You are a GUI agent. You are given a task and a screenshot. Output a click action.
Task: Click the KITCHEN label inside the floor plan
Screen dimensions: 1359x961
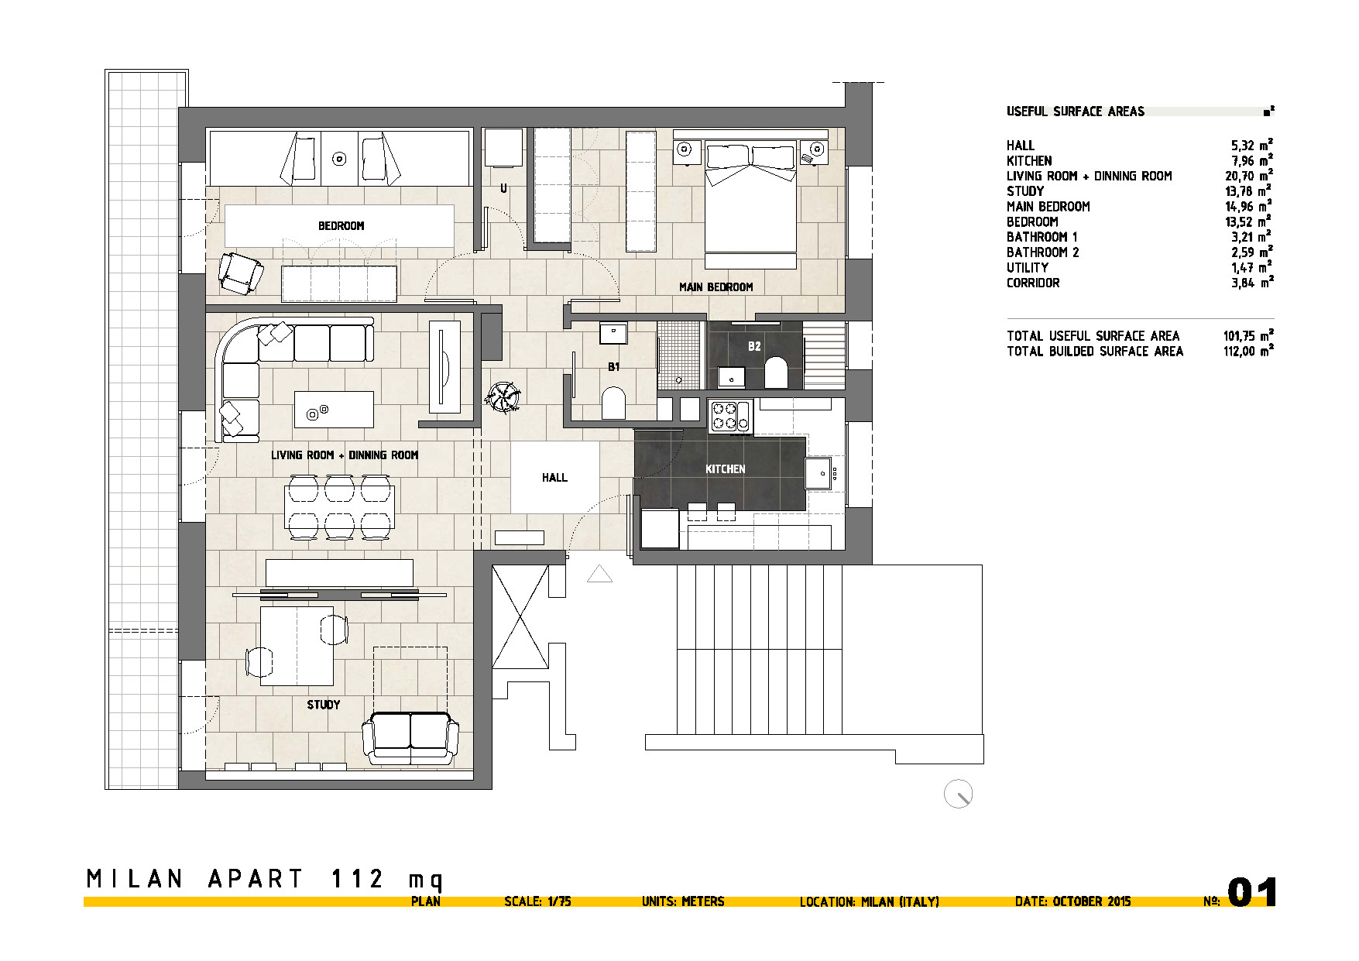725,469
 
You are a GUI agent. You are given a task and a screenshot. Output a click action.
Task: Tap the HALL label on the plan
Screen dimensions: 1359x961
554,478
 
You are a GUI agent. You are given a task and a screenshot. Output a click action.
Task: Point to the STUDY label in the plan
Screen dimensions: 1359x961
323,705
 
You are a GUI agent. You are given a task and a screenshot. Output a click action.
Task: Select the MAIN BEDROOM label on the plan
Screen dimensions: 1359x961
716,287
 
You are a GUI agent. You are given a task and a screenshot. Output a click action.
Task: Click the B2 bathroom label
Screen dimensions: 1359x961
754,346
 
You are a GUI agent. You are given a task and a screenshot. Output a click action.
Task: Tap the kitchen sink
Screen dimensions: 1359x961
819,472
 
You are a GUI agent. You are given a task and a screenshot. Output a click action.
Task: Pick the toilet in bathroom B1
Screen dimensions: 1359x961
613,403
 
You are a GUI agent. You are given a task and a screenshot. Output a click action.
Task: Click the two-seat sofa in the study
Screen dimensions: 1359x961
410,736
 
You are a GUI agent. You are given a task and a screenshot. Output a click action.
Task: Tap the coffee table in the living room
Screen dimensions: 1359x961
334,410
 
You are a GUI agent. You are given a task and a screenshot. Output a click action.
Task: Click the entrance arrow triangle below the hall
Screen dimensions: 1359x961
600,574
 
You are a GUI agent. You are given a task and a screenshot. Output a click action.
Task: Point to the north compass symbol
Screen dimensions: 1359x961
958,795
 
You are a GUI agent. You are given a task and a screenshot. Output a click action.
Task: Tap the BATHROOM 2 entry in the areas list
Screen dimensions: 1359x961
1042,252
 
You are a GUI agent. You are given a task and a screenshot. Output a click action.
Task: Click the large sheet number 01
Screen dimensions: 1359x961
1252,892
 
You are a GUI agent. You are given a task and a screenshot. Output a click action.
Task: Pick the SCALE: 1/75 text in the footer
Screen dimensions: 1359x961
537,901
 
